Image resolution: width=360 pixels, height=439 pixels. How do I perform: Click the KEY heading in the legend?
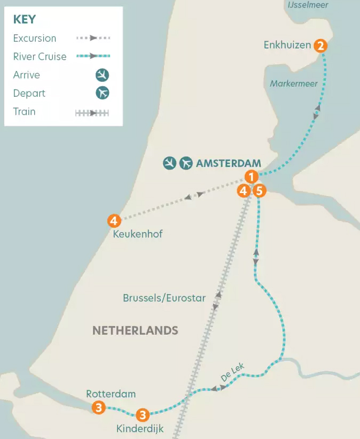coord(25,20)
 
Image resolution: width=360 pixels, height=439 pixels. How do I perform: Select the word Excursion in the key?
coord(35,38)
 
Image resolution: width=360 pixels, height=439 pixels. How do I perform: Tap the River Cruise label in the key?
coord(40,57)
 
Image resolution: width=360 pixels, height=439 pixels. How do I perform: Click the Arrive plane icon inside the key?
coord(102,75)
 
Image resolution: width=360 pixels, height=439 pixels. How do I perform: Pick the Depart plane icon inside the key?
coord(102,93)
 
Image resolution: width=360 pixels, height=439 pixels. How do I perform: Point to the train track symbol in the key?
coord(92,113)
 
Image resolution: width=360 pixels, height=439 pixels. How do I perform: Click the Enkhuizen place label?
coord(287,45)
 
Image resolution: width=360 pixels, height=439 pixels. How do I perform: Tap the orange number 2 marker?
coord(320,45)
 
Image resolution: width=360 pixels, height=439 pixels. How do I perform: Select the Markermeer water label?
coord(294,84)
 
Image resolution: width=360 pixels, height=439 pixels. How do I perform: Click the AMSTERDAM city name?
coord(229,164)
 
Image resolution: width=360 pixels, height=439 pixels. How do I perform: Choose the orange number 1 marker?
coord(252,176)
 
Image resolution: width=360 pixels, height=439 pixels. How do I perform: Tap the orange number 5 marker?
coord(259,190)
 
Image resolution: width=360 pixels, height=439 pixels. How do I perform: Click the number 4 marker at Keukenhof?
coord(113,220)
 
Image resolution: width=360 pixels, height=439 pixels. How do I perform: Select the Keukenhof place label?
coord(138,234)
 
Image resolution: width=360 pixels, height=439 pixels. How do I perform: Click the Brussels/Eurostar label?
coord(164,298)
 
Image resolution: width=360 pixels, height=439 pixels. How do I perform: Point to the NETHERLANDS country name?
coord(135,330)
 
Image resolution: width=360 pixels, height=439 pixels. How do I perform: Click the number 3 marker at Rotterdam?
coord(98,407)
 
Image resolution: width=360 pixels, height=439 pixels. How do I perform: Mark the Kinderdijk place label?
coord(140,428)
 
